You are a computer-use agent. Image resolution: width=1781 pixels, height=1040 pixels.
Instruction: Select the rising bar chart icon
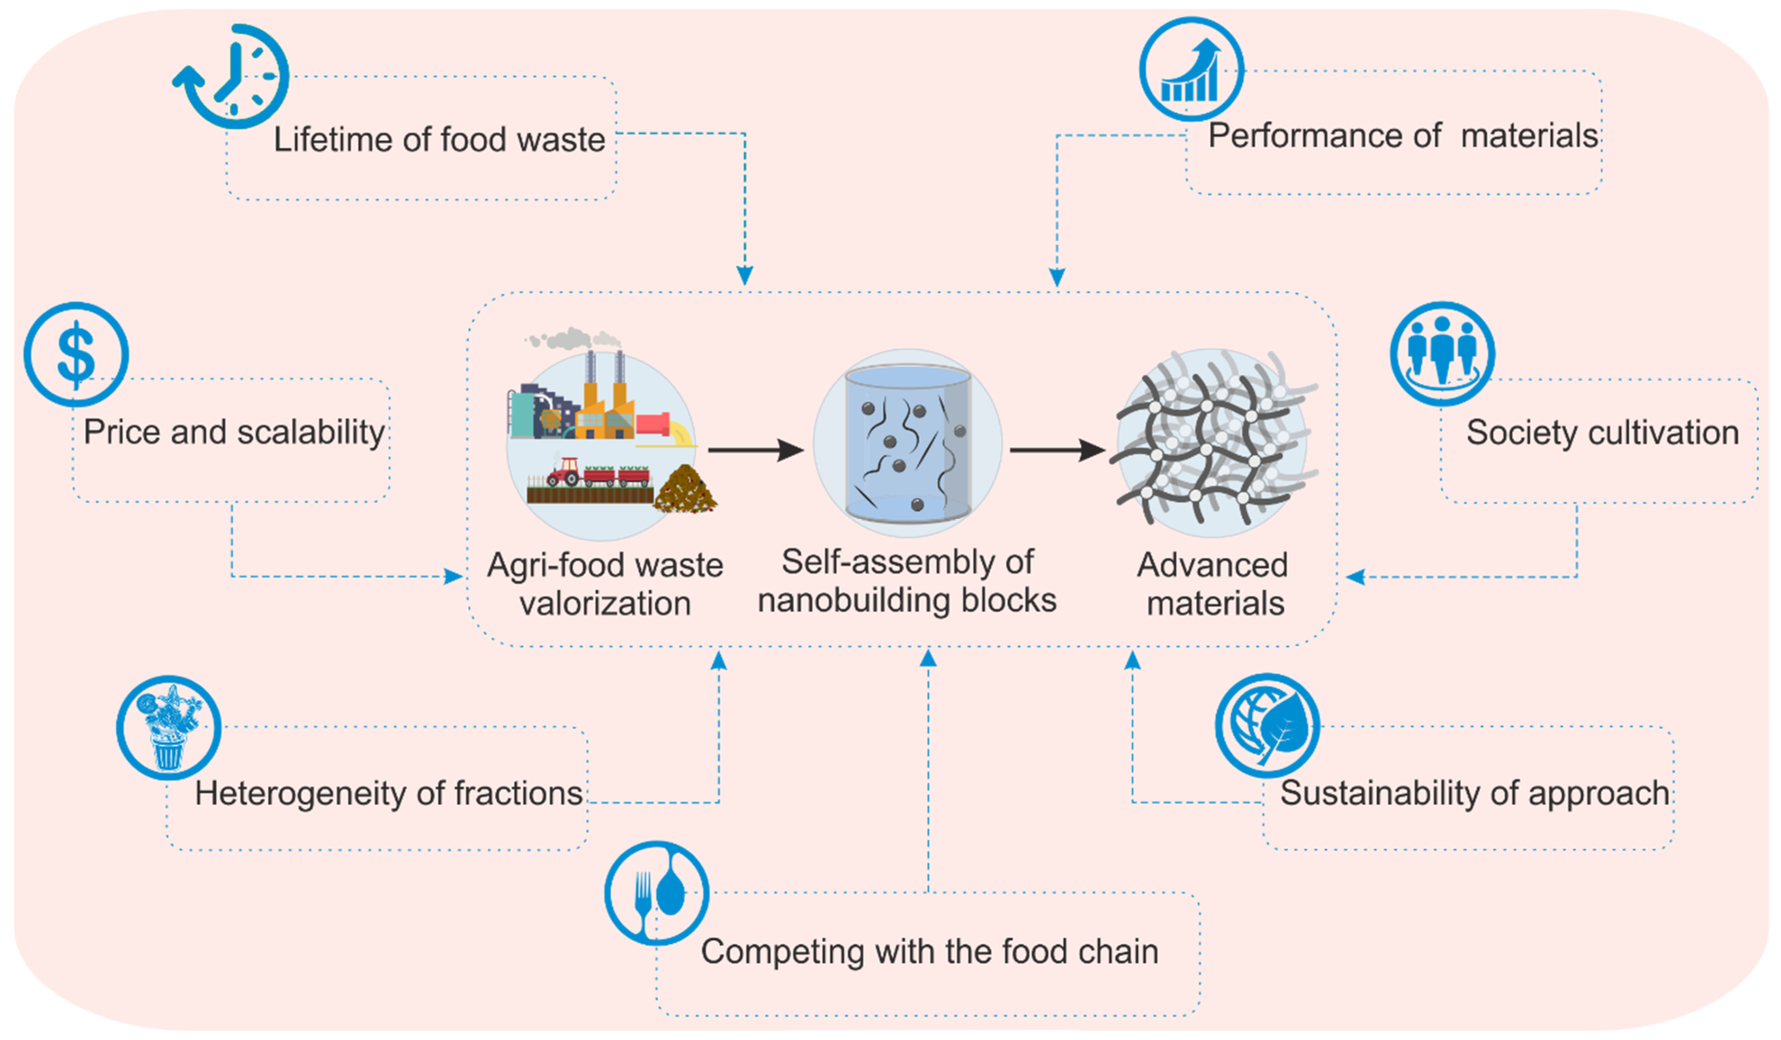[x=1191, y=69]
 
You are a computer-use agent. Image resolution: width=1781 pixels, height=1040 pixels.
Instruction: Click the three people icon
[x=1442, y=353]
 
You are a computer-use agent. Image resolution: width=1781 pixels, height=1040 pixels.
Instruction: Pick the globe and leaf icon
[x=1267, y=725]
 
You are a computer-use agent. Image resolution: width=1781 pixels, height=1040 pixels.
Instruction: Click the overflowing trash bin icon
[x=168, y=728]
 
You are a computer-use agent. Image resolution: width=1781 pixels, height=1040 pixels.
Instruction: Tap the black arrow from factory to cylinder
[x=755, y=450]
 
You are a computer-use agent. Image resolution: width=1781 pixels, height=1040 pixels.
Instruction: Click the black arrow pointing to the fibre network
[x=1057, y=450]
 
